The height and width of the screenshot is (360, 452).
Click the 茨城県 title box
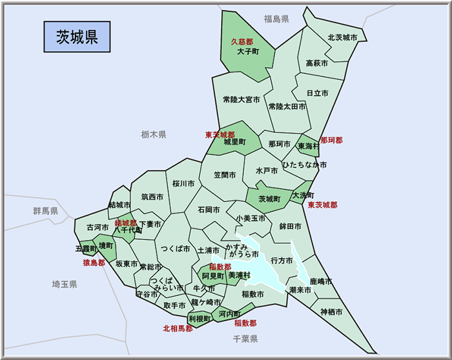pos(77,36)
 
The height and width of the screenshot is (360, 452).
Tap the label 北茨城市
pos(342,38)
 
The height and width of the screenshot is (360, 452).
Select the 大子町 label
pos(247,51)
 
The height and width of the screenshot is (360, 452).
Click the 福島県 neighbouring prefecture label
pos(276,19)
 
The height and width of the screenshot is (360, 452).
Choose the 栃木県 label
pos(154,134)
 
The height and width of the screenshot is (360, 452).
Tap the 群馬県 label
pos(46,211)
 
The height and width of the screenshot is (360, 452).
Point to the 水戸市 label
pos(266,171)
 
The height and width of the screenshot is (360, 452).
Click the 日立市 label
pos(318,93)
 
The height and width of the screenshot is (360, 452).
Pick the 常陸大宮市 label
pos(241,100)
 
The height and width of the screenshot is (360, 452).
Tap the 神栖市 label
pos(331,312)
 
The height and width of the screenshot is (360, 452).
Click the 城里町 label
pos(234,142)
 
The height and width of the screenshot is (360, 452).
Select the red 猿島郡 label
pos(94,263)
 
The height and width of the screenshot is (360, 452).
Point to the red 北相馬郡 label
pos(178,328)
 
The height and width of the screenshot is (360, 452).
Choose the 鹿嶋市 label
pos(320,282)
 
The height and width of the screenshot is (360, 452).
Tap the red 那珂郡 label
pos(331,140)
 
